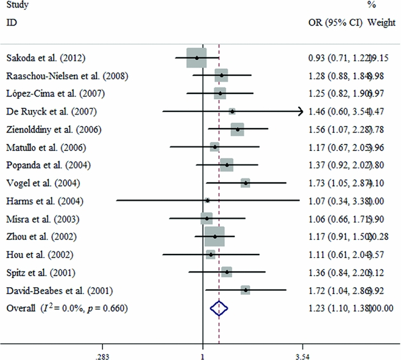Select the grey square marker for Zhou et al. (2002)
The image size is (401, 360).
click(x=214, y=237)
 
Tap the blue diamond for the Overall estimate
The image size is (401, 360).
click(x=219, y=309)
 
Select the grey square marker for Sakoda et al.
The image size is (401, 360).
click(x=196, y=58)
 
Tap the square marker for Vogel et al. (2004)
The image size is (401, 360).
click(x=246, y=184)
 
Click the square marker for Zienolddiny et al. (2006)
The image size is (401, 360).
click(x=237, y=130)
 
